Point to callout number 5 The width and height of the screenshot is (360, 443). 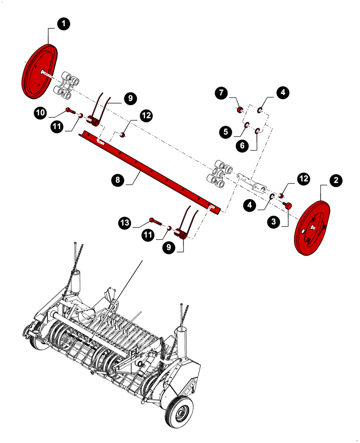pos(226,131)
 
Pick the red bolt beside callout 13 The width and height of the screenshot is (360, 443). pos(154,221)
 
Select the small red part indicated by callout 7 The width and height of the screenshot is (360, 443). pos(239,110)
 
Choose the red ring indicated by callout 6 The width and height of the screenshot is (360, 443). pos(257,131)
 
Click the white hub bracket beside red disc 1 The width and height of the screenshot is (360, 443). pos(66,84)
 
